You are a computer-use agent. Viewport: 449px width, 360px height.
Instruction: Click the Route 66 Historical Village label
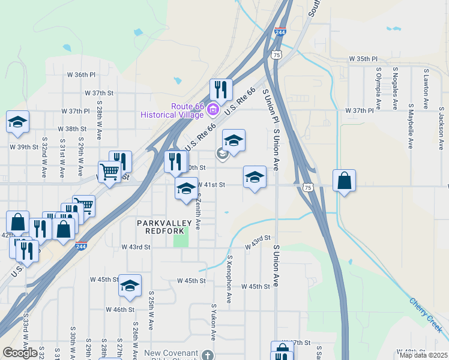(172, 110)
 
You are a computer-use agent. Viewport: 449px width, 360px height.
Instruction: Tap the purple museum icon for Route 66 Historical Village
(212, 110)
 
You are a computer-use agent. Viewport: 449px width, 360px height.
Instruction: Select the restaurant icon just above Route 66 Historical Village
(221, 90)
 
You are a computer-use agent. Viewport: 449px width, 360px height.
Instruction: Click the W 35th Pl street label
(364, 59)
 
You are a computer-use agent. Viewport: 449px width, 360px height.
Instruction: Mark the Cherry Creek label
(426, 316)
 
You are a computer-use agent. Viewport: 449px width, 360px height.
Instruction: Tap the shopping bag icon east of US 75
(344, 181)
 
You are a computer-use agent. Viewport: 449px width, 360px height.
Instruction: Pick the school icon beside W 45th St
(129, 286)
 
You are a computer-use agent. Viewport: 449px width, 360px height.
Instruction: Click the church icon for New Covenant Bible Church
(207, 354)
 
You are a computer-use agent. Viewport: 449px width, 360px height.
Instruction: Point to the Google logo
(20, 353)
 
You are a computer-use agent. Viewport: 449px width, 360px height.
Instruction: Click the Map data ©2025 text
(423, 355)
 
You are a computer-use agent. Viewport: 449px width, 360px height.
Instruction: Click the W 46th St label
(119, 310)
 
